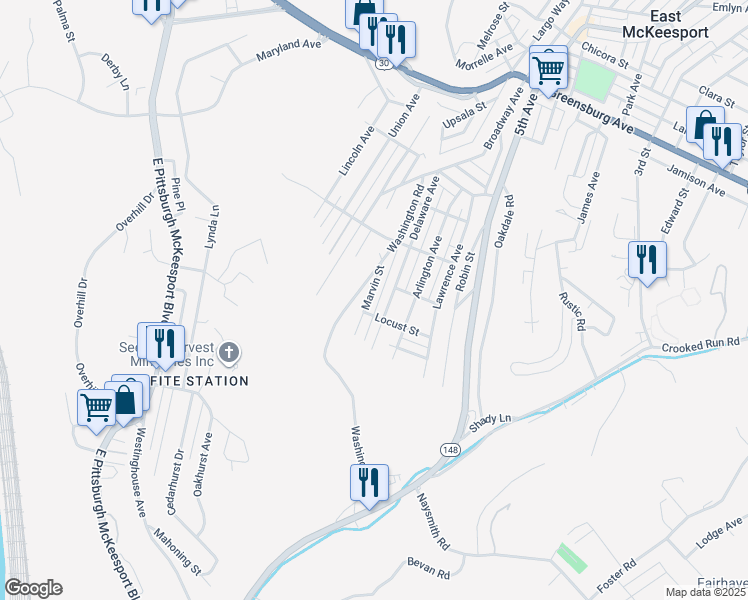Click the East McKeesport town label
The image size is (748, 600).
679,24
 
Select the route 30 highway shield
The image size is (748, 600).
385,62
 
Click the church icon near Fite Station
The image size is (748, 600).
229,352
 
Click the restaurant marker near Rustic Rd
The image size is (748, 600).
647,260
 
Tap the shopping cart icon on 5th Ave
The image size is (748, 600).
549,70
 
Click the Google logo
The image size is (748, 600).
33,588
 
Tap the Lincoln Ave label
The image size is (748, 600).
357,150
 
